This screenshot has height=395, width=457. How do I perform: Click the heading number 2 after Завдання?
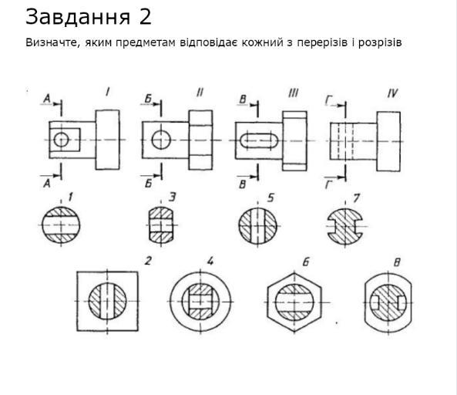[x=145, y=17]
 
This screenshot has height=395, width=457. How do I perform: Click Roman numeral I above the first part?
[x=108, y=92]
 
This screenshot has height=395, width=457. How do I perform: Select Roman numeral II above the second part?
[x=200, y=92]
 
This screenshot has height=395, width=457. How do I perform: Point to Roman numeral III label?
[x=293, y=93]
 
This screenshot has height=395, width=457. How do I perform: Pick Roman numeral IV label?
[x=392, y=93]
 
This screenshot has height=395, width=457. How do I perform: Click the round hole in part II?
[x=161, y=140]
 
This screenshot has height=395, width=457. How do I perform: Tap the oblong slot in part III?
[x=258, y=140]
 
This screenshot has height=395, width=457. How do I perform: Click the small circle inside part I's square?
[x=61, y=140]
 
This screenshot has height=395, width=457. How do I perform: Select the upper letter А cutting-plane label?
[x=46, y=100]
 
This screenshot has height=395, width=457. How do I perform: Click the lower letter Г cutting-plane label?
[x=329, y=185]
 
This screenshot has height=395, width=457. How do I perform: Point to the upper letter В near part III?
[x=243, y=100]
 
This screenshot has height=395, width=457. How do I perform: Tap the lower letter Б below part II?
[x=148, y=184]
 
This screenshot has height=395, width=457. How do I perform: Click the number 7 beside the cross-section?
[x=356, y=198]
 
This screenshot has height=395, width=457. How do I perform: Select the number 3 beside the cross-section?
[x=173, y=197]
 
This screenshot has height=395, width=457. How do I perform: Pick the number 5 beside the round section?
[x=271, y=197]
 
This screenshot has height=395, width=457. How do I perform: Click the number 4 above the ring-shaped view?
[x=210, y=261]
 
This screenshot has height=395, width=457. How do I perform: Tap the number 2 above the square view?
[x=148, y=261]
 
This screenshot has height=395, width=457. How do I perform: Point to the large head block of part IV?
[x=388, y=141]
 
